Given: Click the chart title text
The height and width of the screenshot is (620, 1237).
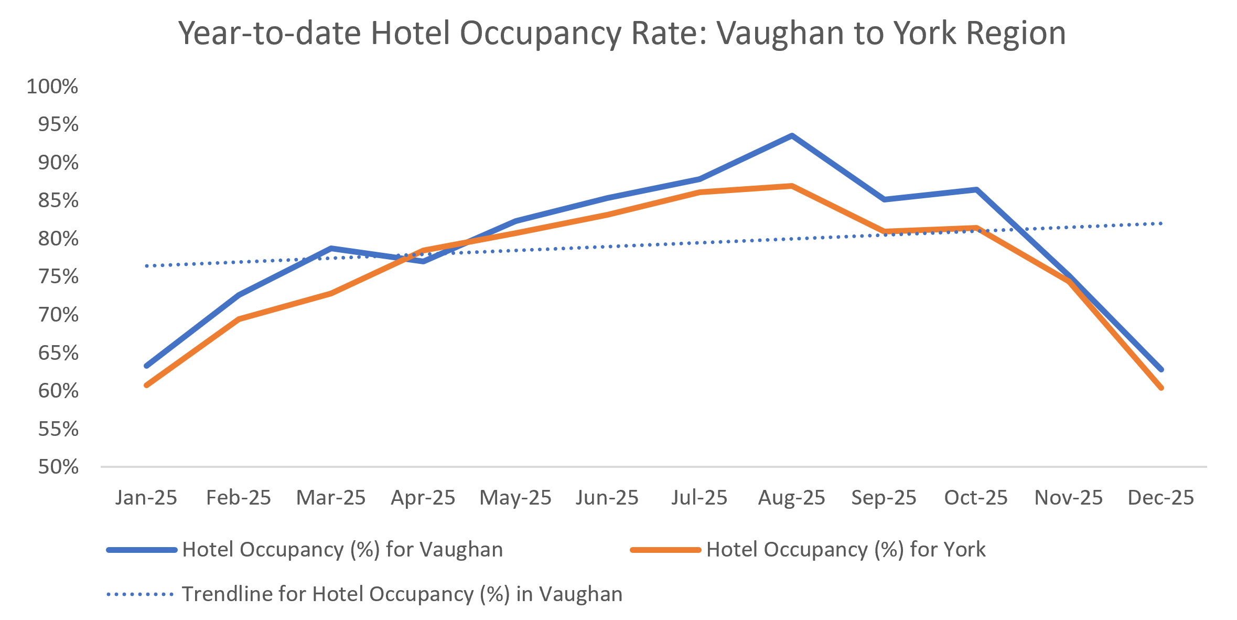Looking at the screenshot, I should [x=621, y=33].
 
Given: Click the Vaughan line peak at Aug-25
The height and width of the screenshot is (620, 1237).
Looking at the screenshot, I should [x=792, y=136].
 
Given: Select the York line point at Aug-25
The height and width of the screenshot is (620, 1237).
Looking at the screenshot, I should [x=792, y=186].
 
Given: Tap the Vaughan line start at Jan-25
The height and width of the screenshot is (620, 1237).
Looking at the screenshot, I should [x=146, y=366].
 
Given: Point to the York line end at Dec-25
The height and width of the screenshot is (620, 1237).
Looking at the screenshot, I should [x=1161, y=388].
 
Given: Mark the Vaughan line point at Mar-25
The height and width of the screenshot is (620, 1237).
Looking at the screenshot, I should [x=331, y=248].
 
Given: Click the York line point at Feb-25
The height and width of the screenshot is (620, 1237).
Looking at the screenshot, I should [x=239, y=319].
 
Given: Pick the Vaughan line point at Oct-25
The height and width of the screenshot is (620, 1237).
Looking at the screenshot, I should [x=976, y=189].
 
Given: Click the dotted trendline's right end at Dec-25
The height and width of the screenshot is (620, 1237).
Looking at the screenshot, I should [x=1161, y=223].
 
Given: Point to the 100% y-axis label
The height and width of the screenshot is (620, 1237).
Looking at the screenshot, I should [x=52, y=87].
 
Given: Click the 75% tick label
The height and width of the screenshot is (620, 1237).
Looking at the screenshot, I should [x=58, y=277].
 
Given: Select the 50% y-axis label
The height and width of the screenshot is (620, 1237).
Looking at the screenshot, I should [x=58, y=467].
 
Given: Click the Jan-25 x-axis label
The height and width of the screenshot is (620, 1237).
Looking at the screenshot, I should [x=146, y=498].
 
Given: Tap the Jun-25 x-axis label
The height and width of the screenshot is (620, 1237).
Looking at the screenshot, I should [x=607, y=498].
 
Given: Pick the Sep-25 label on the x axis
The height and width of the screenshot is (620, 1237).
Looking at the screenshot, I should [x=884, y=498].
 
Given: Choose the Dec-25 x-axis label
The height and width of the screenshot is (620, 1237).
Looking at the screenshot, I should [x=1161, y=498].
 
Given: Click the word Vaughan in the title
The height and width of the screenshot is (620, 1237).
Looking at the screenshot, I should [x=780, y=33].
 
